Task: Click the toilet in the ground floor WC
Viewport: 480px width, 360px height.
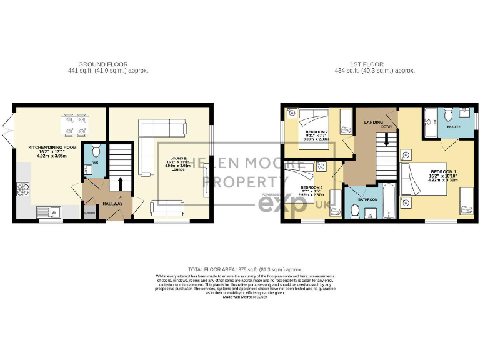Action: pyautogui.click(x=96, y=152)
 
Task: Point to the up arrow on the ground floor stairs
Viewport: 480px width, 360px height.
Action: pyautogui.click(x=121, y=182)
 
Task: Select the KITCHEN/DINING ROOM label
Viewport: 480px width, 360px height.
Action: pyautogui.click(x=52, y=148)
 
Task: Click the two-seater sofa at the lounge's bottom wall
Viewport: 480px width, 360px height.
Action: pyautogui.click(x=166, y=205)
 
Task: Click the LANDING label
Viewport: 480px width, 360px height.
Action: pyautogui.click(x=374, y=122)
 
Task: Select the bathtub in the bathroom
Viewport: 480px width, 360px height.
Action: pyautogui.click(x=387, y=201)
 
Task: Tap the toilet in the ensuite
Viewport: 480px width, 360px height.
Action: pyautogui.click(x=448, y=116)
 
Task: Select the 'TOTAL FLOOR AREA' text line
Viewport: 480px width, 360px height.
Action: pyautogui.click(x=240, y=268)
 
